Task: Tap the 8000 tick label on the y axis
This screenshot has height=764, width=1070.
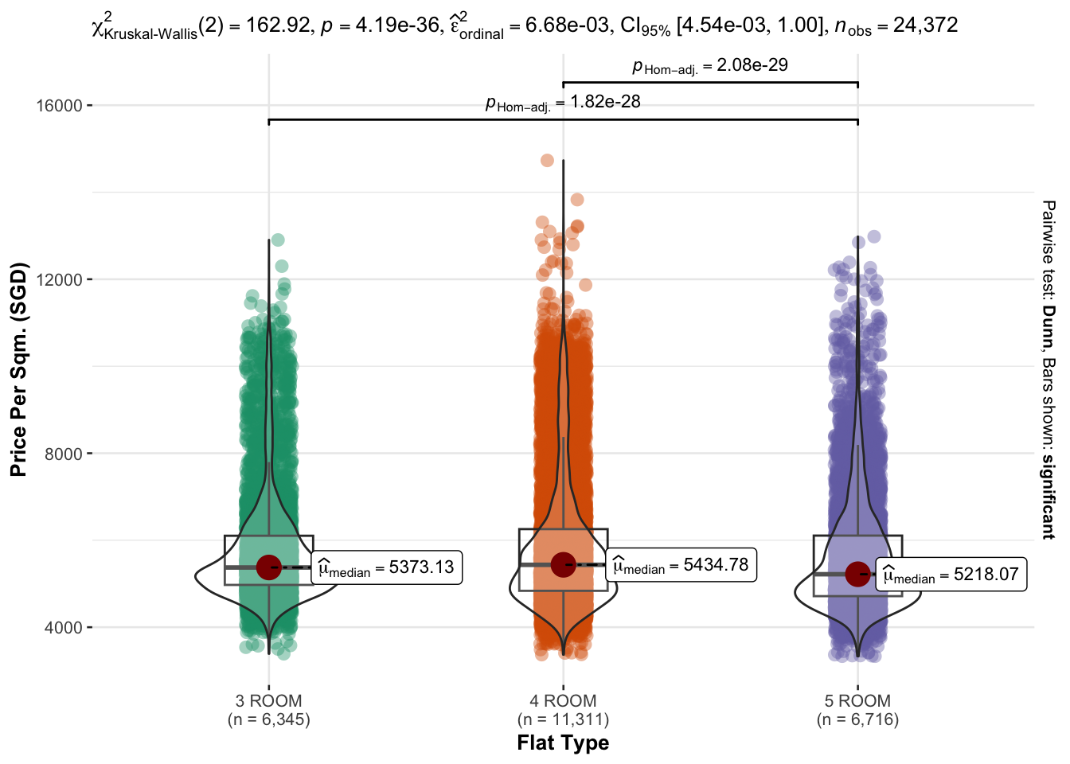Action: pos(63,454)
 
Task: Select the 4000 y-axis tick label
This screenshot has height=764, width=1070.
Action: pos(63,628)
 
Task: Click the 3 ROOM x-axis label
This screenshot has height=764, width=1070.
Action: pos(268,701)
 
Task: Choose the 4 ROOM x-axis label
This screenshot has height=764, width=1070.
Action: pos(563,701)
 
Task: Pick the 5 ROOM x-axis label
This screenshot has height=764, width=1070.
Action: pos(857,701)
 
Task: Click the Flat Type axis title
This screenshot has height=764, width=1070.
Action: pos(563,743)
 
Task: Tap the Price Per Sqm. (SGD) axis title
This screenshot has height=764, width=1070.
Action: pos(18,369)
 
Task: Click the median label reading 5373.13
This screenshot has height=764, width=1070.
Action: pos(386,567)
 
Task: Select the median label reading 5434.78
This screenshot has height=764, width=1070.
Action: pos(681,565)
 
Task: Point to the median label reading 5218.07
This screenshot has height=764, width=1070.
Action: pos(951,575)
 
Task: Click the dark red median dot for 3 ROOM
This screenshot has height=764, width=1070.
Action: pos(269,567)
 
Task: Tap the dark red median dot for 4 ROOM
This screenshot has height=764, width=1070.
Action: pos(563,564)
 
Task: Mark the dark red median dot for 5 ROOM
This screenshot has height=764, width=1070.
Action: pos(857,573)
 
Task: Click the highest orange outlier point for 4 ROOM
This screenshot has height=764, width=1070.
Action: pos(547,160)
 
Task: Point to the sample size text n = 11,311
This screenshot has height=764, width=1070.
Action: pos(563,720)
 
